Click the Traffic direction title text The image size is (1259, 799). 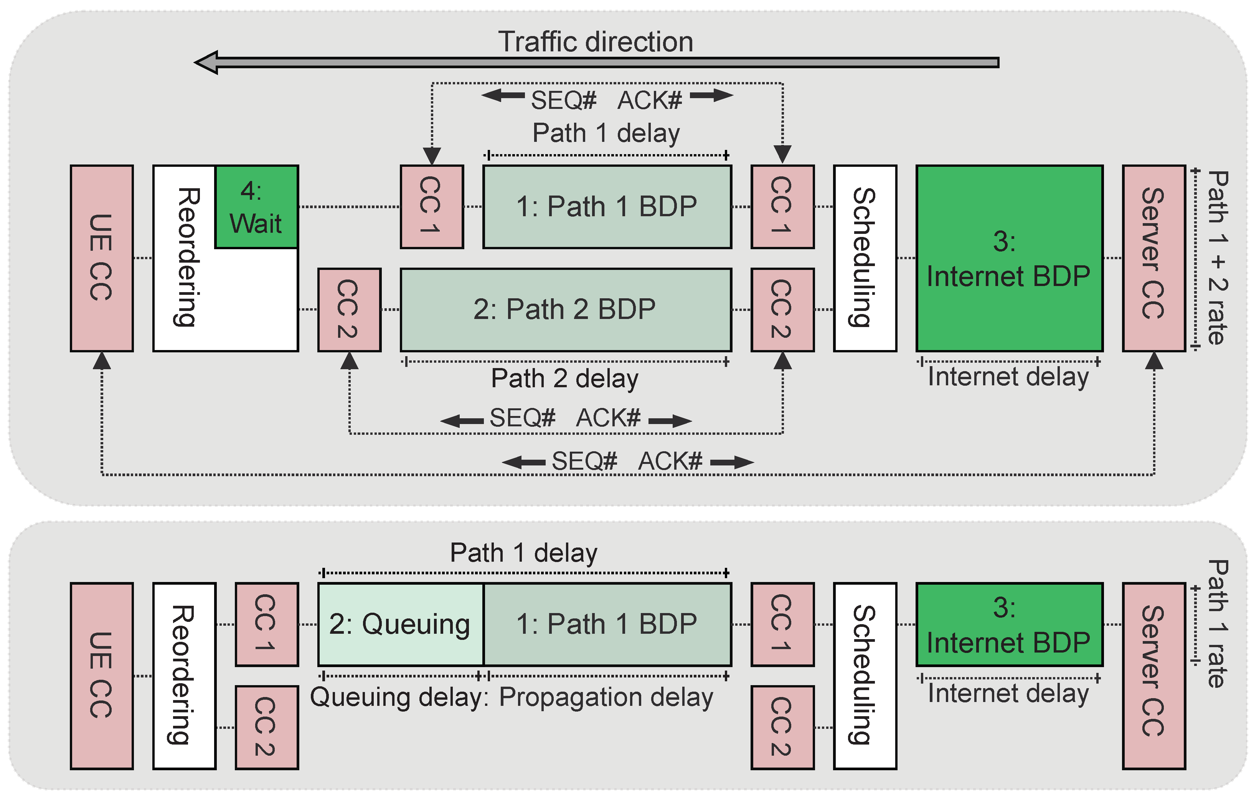pyautogui.click(x=595, y=42)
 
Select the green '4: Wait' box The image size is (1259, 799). pyautogui.click(x=256, y=207)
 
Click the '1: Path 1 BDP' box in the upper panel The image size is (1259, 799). pyautogui.click(x=607, y=207)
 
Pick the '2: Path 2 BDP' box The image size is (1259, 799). pyautogui.click(x=565, y=309)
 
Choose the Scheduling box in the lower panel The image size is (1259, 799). pyautogui.click(x=865, y=675)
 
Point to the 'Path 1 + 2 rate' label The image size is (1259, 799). pyautogui.click(x=1218, y=258)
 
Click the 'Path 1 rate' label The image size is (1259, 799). pyautogui.click(x=1218, y=623)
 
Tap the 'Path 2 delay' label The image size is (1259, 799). pyautogui.click(x=565, y=378)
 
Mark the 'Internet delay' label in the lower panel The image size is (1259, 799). pyautogui.click(x=1008, y=694)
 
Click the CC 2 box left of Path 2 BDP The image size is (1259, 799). pyautogui.click(x=349, y=309)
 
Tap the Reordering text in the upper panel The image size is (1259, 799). pyautogui.click(x=186, y=257)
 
